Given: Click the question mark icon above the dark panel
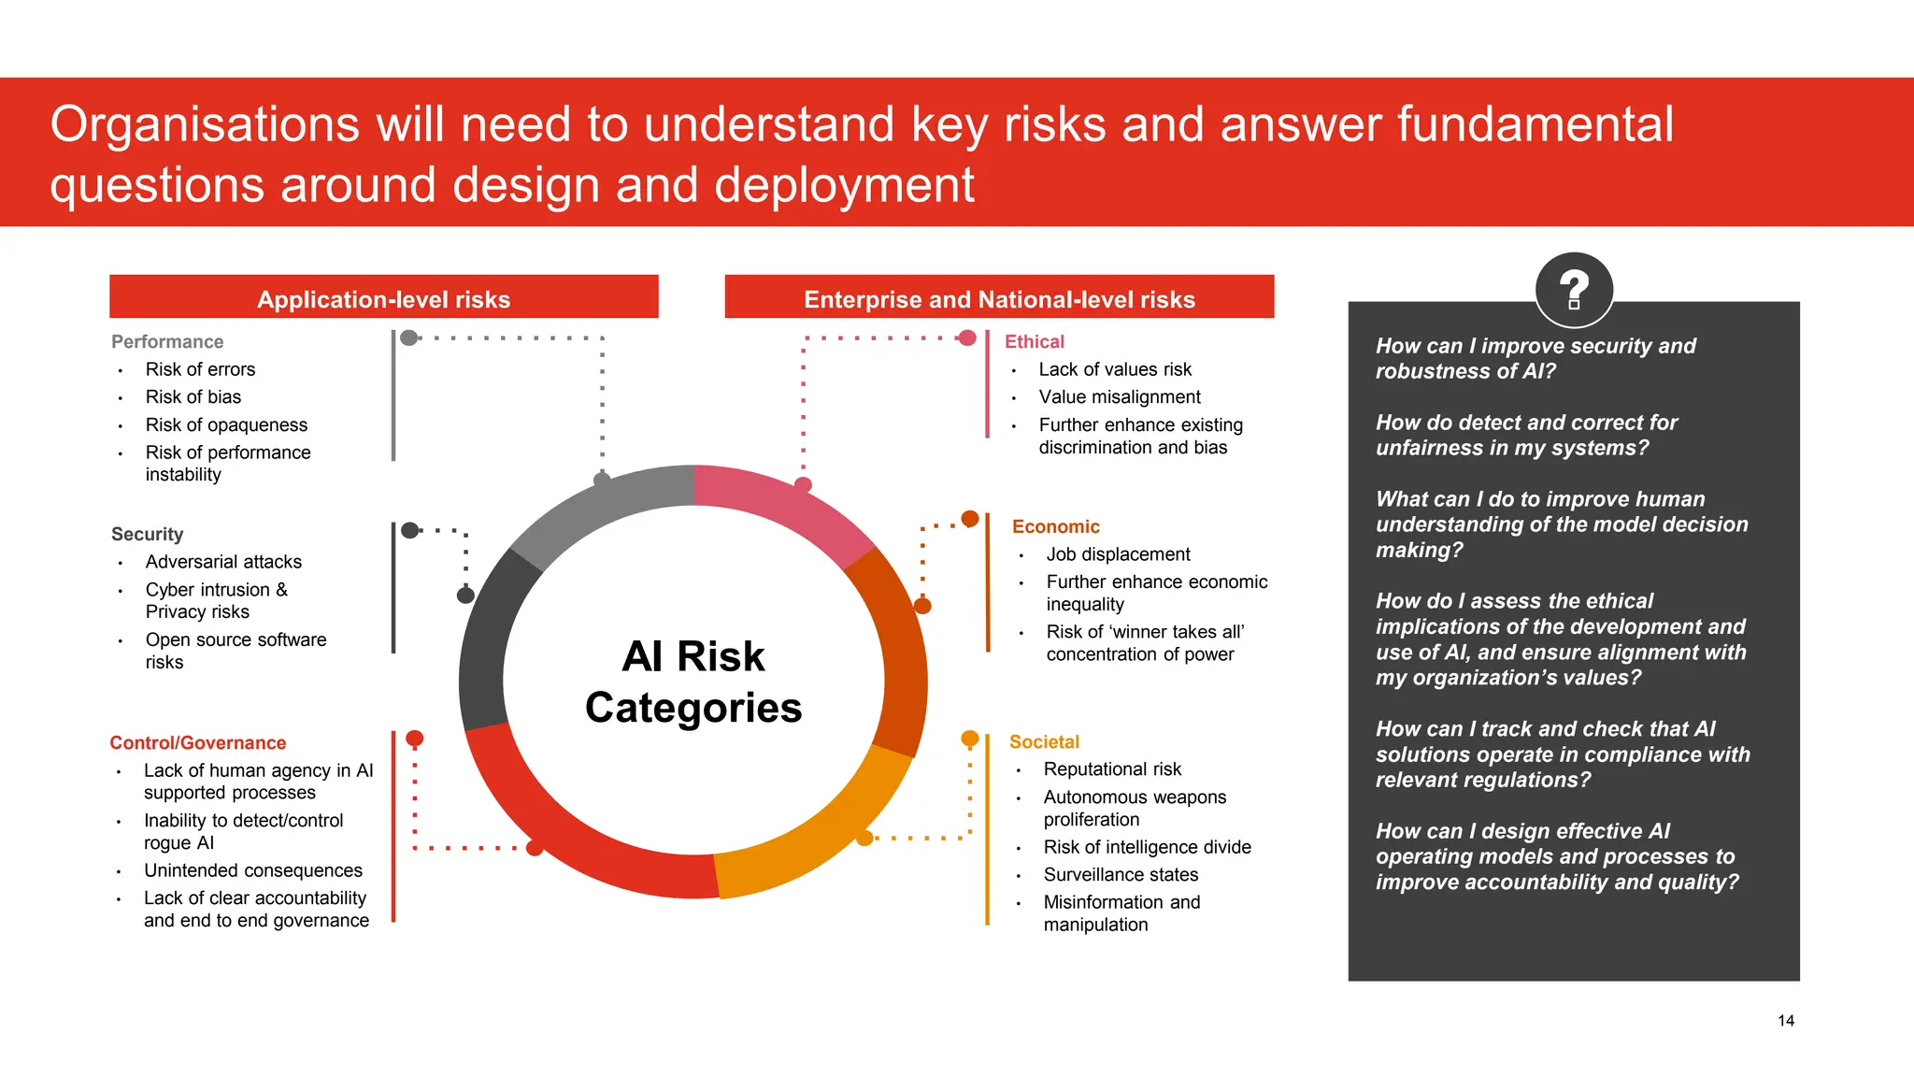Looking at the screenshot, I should click(x=1574, y=290).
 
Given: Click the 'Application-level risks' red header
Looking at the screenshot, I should click(x=383, y=299).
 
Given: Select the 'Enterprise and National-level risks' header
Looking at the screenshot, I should click(x=999, y=299).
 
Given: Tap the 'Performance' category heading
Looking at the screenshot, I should click(x=167, y=342).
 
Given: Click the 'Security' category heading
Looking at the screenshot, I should click(x=147, y=534).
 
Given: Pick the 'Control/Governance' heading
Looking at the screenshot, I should click(x=198, y=743).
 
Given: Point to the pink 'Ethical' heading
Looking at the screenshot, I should click(x=1035, y=342).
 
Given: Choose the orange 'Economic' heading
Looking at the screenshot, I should click(x=1056, y=526).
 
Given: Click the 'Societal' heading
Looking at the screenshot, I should click(x=1044, y=742).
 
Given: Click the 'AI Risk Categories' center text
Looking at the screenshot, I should click(x=693, y=682).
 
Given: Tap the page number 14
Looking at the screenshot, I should click(x=1785, y=1021).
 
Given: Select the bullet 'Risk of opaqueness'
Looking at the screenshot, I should click(x=226, y=425).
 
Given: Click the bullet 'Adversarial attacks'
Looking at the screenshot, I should click(x=223, y=562).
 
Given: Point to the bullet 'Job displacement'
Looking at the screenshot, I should click(x=1118, y=554).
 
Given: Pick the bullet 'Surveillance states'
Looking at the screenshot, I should click(x=1121, y=875).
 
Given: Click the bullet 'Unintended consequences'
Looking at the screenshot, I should click(x=252, y=870).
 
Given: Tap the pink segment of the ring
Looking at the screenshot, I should click(x=785, y=505).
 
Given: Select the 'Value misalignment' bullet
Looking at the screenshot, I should click(x=1120, y=397).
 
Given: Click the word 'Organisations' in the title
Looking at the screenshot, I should click(x=205, y=125).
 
